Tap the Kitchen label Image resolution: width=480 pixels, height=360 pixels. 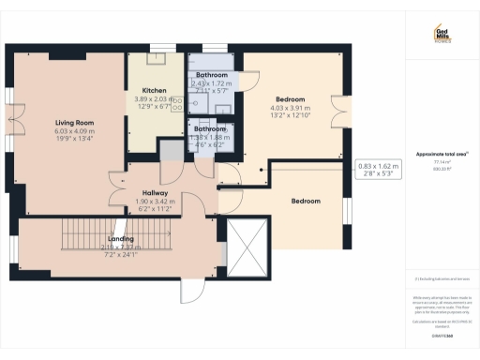click(155, 90)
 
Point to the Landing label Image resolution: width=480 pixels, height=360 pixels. click(122, 239)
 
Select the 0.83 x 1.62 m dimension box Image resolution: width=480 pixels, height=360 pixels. click(378, 170)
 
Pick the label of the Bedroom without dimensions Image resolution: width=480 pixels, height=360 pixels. click(306, 201)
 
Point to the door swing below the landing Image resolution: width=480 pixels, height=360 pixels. click(193, 291)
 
